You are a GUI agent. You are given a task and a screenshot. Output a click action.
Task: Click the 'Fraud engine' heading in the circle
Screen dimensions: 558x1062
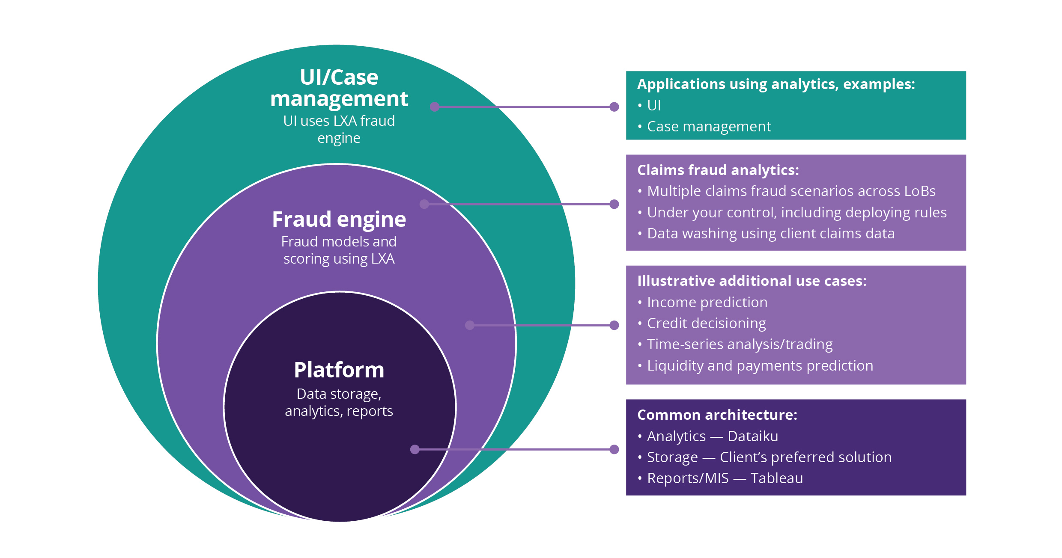tap(339, 220)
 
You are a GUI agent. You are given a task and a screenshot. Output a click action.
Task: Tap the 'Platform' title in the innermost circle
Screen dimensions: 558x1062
tap(339, 370)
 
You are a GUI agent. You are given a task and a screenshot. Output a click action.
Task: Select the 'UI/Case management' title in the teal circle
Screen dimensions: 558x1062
tap(339, 88)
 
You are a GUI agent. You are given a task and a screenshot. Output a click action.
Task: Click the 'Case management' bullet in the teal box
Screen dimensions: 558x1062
tap(709, 127)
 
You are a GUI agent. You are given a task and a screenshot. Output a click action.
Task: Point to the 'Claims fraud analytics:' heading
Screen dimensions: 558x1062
tap(718, 170)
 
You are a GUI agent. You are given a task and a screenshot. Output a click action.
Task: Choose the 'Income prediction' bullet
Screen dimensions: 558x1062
tap(707, 303)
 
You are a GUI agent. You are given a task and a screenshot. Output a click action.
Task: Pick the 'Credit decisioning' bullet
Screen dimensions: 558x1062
tap(706, 324)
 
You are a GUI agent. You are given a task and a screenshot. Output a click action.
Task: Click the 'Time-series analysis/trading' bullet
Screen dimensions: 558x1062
tap(740, 344)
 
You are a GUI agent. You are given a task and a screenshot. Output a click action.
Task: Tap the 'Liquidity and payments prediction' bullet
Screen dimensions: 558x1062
tap(760, 366)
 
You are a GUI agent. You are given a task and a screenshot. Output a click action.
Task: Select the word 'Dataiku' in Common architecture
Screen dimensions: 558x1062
tap(753, 436)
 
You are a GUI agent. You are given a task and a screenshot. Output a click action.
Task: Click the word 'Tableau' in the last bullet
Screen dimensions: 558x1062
tap(776, 478)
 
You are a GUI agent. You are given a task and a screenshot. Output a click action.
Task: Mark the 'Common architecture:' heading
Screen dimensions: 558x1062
tap(717, 415)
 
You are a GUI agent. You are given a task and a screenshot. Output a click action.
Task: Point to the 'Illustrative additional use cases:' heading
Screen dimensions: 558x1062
tap(752, 281)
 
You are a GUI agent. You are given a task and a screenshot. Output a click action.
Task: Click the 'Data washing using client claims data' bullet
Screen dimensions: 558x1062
tap(770, 234)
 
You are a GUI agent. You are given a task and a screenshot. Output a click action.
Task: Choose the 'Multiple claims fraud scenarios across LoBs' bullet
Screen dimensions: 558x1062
tap(791, 191)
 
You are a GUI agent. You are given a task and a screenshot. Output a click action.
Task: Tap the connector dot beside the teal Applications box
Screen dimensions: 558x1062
tap(614, 107)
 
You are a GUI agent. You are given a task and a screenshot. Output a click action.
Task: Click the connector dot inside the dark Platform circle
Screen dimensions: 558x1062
tap(415, 449)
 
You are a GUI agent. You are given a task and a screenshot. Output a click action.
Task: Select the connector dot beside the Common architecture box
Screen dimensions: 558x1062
tap(614, 449)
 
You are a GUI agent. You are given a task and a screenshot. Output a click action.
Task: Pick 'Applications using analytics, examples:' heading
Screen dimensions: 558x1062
tap(776, 84)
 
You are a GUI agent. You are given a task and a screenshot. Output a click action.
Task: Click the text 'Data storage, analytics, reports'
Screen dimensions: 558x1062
tap(339, 403)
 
